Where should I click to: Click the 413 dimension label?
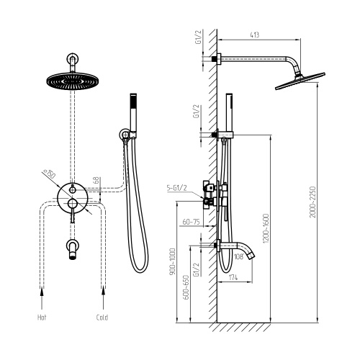(255, 35)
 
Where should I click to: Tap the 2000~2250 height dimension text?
(312, 202)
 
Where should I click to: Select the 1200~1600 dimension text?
(266, 228)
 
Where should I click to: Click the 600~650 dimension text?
(186, 287)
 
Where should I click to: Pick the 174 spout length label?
(233, 278)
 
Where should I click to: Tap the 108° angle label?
(239, 257)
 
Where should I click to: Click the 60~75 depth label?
(191, 222)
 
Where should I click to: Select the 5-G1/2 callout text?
(176, 188)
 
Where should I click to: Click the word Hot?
(42, 318)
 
